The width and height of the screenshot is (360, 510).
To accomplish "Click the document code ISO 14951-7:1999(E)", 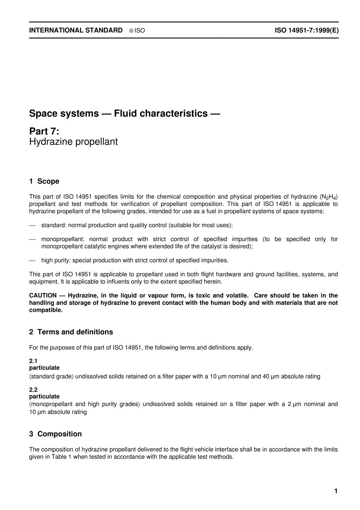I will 307,30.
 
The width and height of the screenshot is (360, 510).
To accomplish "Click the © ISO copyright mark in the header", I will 137,31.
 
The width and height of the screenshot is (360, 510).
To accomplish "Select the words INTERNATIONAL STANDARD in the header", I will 76,30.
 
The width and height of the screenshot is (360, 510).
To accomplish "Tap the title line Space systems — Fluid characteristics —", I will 125,113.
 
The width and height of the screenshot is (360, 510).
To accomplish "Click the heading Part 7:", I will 44,131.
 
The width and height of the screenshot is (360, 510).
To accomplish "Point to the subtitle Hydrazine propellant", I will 74,142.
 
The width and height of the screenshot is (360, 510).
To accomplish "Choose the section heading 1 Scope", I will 44,181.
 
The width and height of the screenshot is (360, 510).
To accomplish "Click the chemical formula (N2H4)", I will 329,197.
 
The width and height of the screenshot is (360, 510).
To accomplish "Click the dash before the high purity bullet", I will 33,260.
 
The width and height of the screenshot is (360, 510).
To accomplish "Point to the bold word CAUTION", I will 43,295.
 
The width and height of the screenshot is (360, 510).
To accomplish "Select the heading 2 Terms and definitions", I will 71,332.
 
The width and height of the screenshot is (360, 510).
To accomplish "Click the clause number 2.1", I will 33,361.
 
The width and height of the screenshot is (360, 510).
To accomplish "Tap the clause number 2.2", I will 33,390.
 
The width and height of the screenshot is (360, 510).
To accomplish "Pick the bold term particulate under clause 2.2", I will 44,397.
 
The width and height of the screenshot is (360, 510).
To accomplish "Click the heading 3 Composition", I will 55,434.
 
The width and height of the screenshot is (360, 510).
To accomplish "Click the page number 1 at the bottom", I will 336,491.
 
